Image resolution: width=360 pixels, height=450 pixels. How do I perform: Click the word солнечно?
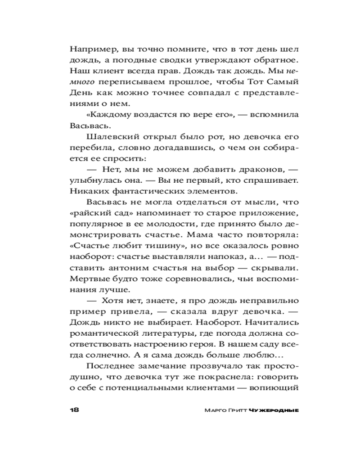[99, 355]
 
